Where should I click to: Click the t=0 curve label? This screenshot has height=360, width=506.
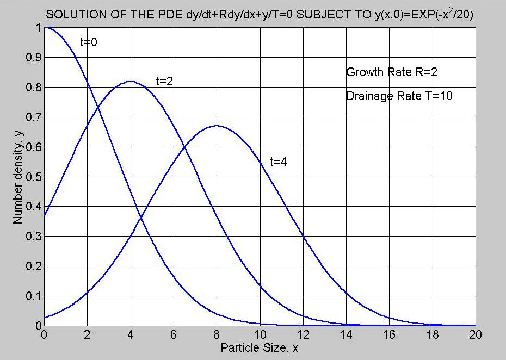(89, 42)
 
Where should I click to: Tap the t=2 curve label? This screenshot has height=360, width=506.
(165, 82)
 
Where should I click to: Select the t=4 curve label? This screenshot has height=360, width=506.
(279, 162)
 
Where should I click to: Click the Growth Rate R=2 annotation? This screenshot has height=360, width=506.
(392, 72)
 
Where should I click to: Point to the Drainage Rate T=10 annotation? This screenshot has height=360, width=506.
(399, 96)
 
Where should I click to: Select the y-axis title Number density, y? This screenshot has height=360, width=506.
(18, 177)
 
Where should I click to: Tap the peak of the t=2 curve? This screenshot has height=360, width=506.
(131, 82)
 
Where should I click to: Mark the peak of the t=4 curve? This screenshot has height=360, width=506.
(217, 126)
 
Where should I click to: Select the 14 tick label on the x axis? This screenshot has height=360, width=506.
(346, 334)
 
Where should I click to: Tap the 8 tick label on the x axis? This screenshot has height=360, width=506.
(217, 334)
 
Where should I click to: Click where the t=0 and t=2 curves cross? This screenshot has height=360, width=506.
(98, 106)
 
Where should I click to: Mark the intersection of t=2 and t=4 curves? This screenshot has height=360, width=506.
(184, 147)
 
